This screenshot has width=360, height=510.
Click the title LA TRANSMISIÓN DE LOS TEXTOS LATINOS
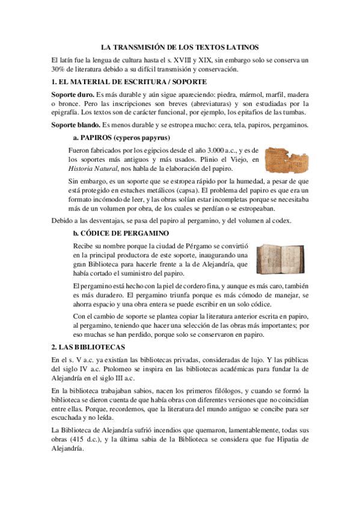pos(180,47)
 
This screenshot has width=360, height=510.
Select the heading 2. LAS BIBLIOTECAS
pos(88,347)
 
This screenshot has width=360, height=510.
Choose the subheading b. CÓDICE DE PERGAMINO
pos(120,233)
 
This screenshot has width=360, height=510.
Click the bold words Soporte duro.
pos(72,94)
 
